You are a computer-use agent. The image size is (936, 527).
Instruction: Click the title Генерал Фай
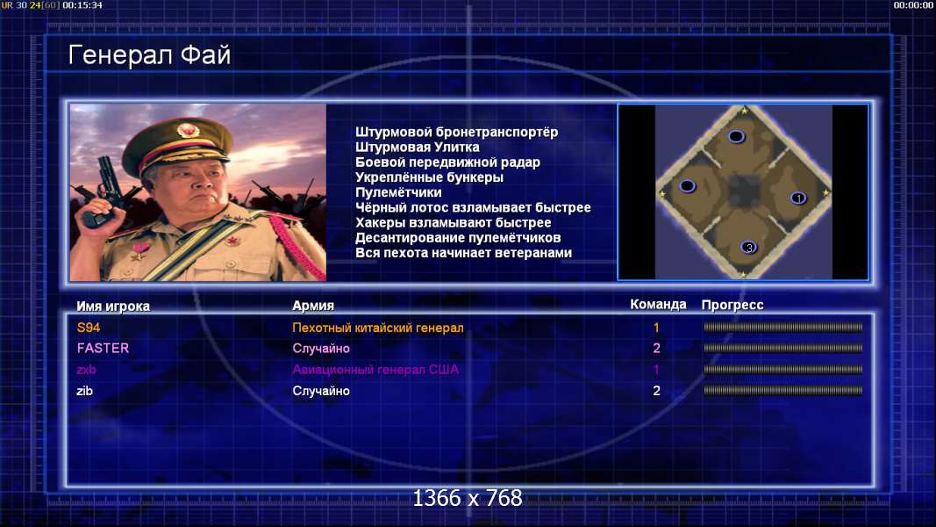(149, 55)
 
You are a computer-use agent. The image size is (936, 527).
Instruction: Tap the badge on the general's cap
(188, 130)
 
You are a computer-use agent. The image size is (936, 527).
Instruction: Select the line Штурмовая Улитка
(418, 147)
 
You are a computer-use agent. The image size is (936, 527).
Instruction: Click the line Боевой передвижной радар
(447, 162)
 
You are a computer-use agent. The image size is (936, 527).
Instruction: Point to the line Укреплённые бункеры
(429, 177)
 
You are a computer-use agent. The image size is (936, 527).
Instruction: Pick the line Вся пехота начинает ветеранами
(464, 253)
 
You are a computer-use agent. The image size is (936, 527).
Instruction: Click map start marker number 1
(798, 198)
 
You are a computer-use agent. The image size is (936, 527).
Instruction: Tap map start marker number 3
(748, 247)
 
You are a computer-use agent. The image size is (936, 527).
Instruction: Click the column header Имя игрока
(113, 306)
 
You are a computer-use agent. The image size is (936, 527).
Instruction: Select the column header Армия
(313, 306)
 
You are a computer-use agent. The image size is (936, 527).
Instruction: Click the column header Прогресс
(732, 305)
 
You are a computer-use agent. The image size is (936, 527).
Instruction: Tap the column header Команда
(659, 304)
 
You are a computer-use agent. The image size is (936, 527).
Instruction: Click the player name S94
(89, 328)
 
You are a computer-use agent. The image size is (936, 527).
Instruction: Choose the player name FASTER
(103, 348)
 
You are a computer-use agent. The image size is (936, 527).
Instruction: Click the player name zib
(85, 391)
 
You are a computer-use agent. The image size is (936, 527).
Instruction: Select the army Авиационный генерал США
(375, 369)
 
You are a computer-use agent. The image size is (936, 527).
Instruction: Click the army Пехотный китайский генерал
(378, 328)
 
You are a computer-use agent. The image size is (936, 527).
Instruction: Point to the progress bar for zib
(782, 391)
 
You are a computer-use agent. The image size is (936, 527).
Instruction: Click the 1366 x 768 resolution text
(468, 498)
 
